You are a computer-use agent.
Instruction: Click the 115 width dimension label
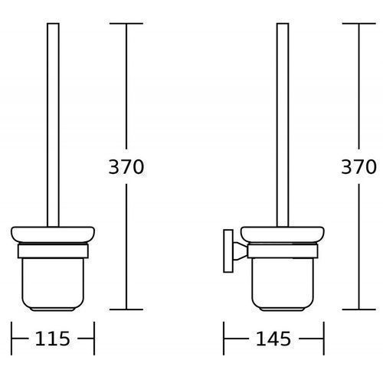52,339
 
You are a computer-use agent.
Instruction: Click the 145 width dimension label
273,339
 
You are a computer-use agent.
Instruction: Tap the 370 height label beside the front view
126,167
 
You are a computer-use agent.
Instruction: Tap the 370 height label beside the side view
358,167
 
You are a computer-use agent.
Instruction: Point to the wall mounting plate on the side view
228,251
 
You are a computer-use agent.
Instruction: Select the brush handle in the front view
53,125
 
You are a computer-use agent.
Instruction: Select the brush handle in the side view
283,125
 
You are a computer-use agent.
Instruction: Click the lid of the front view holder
53,234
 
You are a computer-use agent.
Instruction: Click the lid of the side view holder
283,234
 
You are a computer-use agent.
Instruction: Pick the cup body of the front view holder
53,284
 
